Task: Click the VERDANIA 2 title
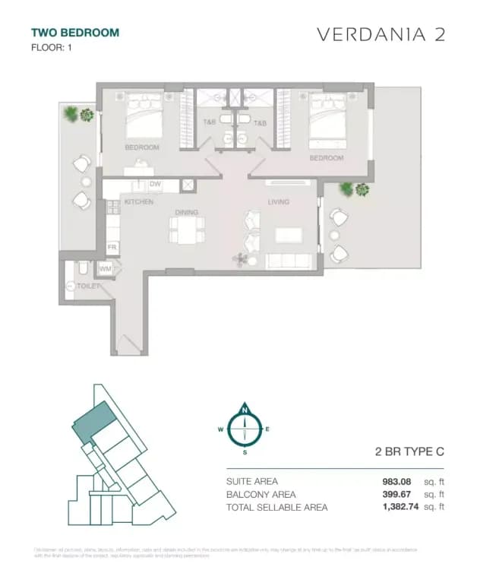[x=380, y=35]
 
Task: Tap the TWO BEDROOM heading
[x=75, y=33]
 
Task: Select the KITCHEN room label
[x=139, y=202]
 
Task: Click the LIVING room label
[x=279, y=202]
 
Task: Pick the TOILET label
[x=89, y=286]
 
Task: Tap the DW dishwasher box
[x=154, y=185]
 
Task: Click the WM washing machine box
[x=105, y=268]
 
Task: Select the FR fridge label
[x=111, y=248]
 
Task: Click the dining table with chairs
[x=187, y=230]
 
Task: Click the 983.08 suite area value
[x=400, y=481]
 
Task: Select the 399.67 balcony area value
[x=400, y=494]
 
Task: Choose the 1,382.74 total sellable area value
[x=395, y=507]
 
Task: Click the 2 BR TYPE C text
[x=409, y=451]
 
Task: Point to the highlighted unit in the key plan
[x=93, y=420]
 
